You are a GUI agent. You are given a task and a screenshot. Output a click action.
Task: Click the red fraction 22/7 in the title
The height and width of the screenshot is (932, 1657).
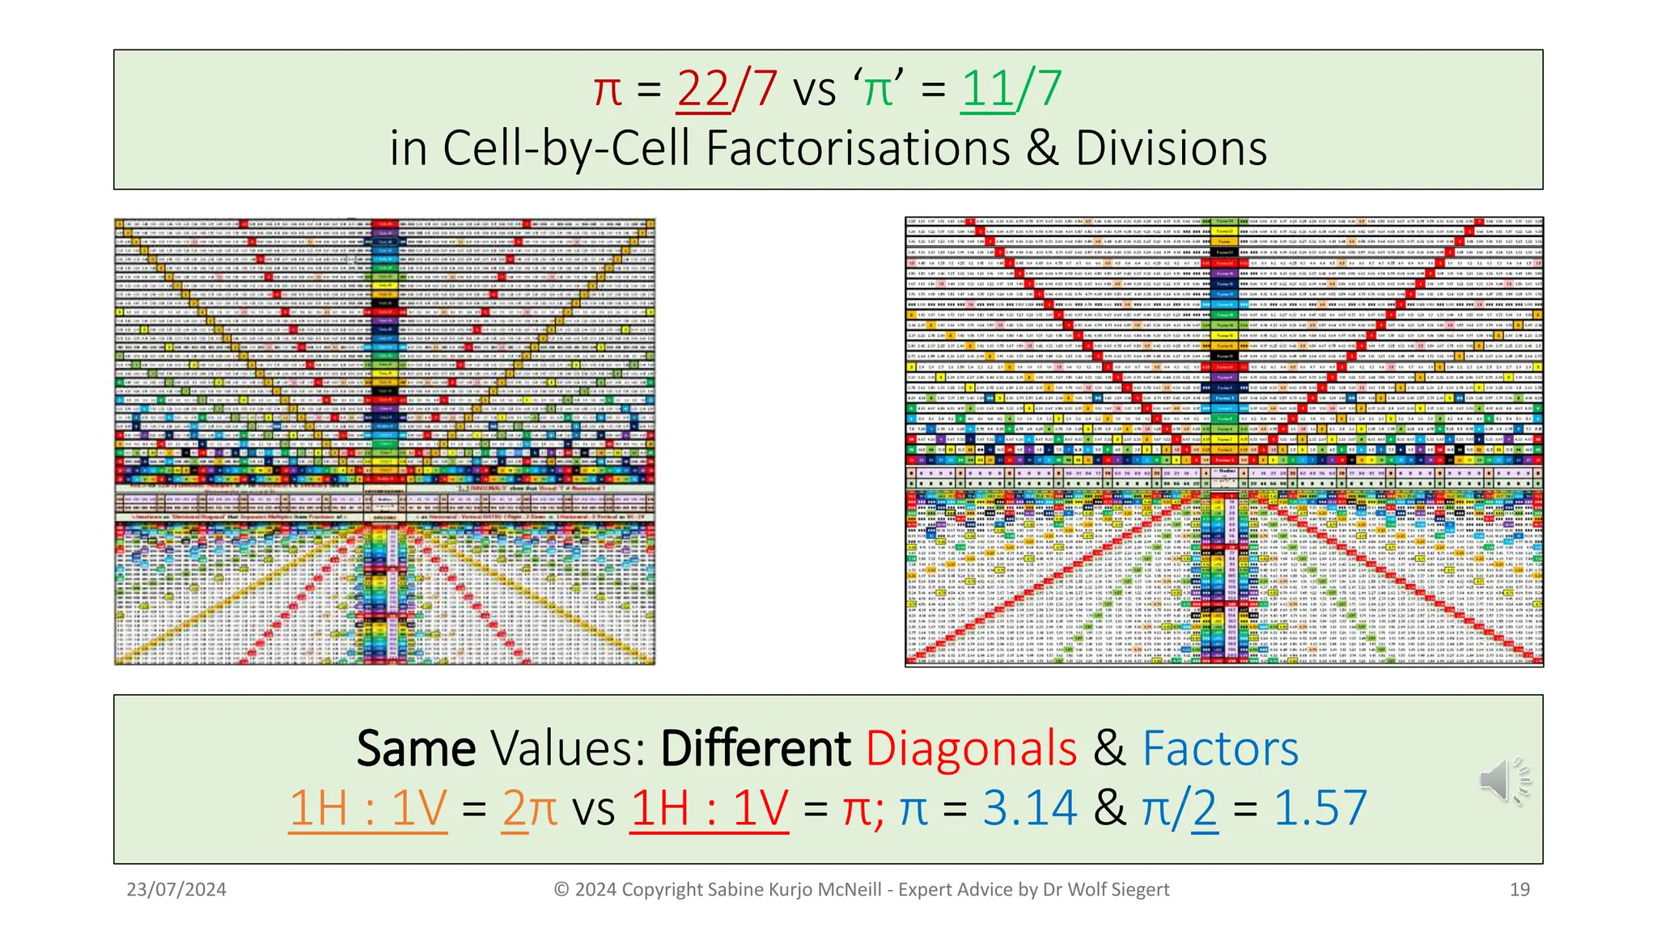(x=727, y=89)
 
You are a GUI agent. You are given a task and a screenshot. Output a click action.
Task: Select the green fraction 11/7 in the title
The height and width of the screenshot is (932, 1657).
(x=1011, y=89)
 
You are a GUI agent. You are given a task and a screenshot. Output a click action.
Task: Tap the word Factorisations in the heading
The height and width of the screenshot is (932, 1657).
(x=858, y=149)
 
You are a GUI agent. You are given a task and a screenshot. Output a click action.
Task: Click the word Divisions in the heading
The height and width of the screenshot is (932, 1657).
(x=1171, y=149)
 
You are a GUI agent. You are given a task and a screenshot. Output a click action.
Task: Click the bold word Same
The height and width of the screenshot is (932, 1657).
(x=416, y=748)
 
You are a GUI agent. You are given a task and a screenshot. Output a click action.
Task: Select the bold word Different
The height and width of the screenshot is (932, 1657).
(x=755, y=748)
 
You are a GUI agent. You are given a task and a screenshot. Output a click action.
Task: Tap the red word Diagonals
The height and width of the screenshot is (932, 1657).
(x=971, y=748)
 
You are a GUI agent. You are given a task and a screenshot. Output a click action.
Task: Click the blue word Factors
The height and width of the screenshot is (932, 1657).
(x=1220, y=748)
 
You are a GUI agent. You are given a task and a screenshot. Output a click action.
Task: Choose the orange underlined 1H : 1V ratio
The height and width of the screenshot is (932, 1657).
(x=368, y=808)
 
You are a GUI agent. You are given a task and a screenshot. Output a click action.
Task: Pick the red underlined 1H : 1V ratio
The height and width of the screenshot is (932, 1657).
(x=709, y=808)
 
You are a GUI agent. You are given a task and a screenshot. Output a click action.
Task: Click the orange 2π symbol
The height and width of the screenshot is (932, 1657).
(x=529, y=808)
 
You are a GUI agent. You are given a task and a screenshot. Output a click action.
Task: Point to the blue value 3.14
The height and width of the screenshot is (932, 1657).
(x=1030, y=808)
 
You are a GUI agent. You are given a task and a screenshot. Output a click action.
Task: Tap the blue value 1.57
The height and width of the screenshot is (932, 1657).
(x=1320, y=808)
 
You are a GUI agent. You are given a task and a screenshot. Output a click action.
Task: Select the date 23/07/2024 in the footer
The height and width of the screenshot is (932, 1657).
(x=176, y=890)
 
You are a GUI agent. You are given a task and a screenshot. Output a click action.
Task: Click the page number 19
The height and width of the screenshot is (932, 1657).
(x=1519, y=890)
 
